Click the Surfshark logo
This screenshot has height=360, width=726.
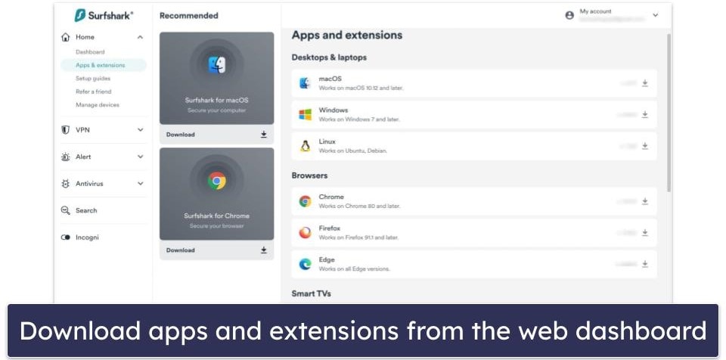[x=104, y=15]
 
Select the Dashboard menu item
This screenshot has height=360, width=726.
[x=90, y=52]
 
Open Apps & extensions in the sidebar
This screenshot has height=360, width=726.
[x=100, y=65]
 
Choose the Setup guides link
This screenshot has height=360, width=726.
[x=93, y=79]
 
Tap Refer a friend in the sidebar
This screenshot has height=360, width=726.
[x=94, y=92]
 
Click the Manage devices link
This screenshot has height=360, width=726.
[x=98, y=105]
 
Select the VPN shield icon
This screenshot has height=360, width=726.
[x=65, y=130]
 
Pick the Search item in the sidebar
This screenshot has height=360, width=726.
[x=85, y=210]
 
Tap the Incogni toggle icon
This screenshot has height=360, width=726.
[x=65, y=237]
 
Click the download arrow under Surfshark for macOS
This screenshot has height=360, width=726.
[x=264, y=135]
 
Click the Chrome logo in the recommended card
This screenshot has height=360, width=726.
[x=217, y=180]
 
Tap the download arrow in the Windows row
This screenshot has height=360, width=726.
[x=645, y=115]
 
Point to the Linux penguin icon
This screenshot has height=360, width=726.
[x=306, y=146]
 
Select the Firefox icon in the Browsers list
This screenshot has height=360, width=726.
[x=306, y=233]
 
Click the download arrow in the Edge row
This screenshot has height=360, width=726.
[x=645, y=264]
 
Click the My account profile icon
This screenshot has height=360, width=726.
[x=569, y=15]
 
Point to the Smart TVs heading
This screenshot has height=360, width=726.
[x=312, y=293]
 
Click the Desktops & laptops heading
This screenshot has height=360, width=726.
[x=329, y=57]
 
